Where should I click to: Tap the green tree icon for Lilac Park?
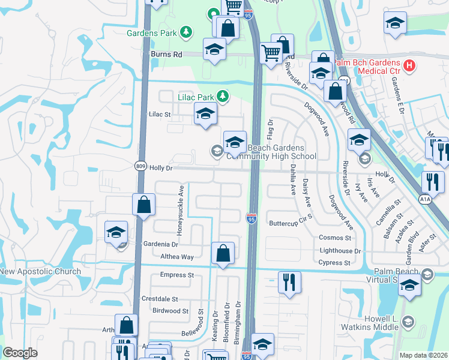223,96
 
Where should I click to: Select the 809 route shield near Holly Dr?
140,168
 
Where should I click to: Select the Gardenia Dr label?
161,245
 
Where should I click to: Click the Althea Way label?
178,256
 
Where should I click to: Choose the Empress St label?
178,275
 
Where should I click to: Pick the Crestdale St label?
160,299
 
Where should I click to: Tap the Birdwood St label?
170,311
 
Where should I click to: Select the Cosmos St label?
335,238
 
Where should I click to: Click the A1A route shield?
425,199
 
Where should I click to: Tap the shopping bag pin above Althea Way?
223,253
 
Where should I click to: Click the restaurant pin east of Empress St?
289,282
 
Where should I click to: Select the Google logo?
20,353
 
